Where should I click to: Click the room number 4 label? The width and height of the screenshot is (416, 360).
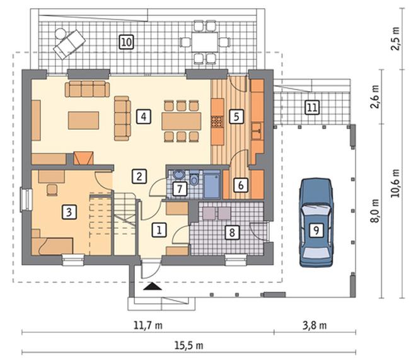click(x=144, y=117)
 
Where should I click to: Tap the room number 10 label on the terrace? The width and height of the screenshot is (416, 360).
click(x=126, y=42)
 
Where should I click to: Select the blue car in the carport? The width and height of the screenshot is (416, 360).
click(x=316, y=222)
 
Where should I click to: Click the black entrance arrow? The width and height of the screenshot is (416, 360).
click(x=153, y=286)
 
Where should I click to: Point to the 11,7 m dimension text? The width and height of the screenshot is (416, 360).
click(x=147, y=325)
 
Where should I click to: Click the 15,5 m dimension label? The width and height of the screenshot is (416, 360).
click(x=189, y=345)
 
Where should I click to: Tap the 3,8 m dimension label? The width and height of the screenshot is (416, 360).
click(x=315, y=325)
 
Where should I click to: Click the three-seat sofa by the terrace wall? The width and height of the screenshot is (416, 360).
click(x=87, y=89)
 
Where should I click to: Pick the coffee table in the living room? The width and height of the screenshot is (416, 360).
click(x=84, y=120)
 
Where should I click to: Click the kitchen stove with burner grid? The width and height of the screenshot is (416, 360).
click(x=217, y=122)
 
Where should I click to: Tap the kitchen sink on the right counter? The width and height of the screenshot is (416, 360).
click(x=257, y=131)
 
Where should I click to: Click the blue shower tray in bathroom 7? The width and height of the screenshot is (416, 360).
click(x=212, y=185)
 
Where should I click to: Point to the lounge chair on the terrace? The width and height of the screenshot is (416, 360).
click(x=69, y=44)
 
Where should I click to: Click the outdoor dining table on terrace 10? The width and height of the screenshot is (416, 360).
click(x=205, y=42)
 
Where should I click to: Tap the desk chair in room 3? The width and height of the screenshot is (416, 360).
click(x=52, y=190)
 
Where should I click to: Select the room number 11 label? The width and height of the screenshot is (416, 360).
click(x=312, y=107)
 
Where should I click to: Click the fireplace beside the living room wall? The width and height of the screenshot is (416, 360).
click(x=84, y=158)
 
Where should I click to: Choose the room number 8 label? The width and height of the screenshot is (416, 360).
click(x=232, y=233)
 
